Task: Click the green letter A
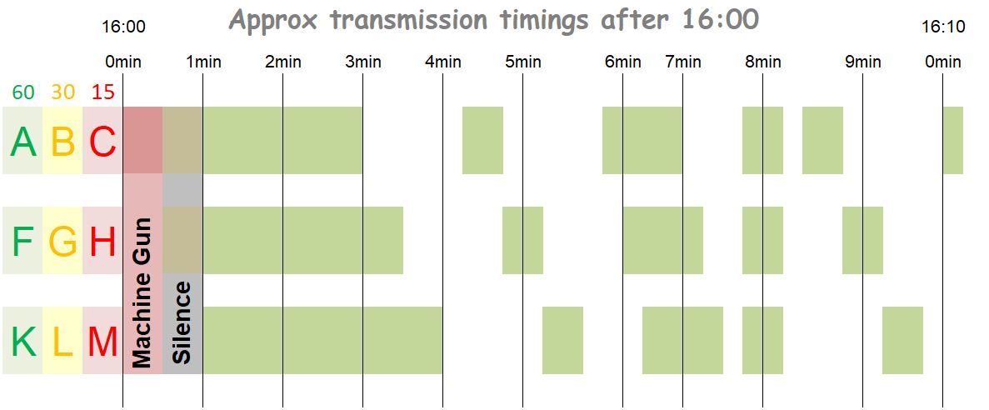(23, 142)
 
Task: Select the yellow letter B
(63, 142)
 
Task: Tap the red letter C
(102, 142)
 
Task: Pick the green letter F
(23, 242)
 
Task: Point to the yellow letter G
(63, 242)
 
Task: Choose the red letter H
(102, 242)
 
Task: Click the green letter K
(23, 342)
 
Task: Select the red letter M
(102, 342)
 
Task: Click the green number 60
(23, 92)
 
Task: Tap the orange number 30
(63, 92)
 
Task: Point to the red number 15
(102, 92)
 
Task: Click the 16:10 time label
(943, 27)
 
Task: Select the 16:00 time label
(123, 27)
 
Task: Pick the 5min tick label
(523, 62)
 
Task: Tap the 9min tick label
(863, 62)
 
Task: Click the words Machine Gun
(142, 292)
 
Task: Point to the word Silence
(182, 322)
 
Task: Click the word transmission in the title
(410, 19)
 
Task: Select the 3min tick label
(362, 62)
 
